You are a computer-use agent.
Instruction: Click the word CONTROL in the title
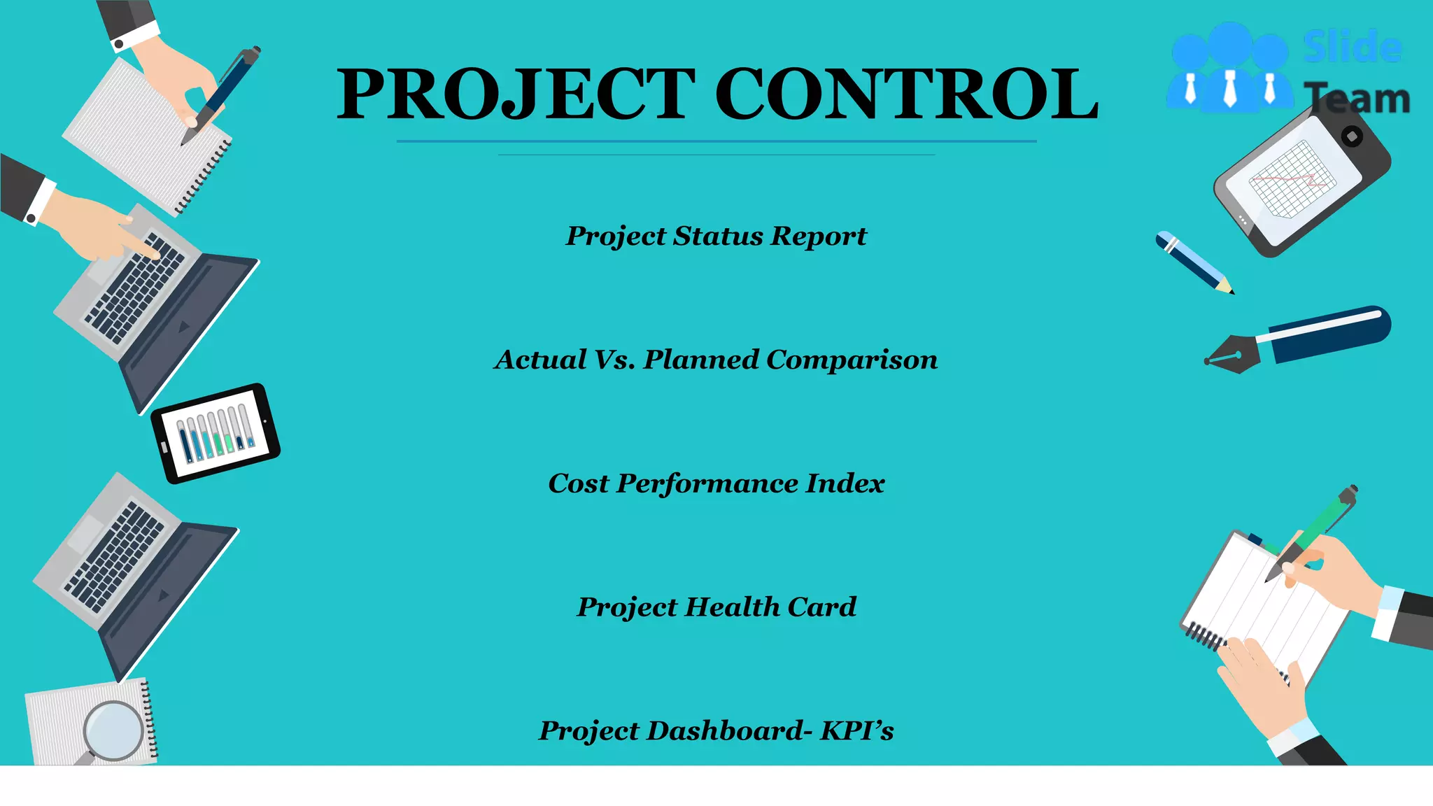[x=906, y=94]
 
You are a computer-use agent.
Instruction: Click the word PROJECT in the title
[x=516, y=94]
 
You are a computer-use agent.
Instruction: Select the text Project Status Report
[x=716, y=236]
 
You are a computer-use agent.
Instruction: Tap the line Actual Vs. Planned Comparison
[x=716, y=360]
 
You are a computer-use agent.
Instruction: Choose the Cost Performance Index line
[x=716, y=483]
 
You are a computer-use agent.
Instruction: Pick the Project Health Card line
[x=716, y=607]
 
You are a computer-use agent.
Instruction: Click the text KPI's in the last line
[x=857, y=730]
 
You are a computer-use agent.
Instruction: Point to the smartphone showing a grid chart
[x=1301, y=182]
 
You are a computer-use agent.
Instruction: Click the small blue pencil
[x=1194, y=262]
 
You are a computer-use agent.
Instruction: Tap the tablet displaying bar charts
[x=216, y=433]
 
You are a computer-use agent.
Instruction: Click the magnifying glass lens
[x=114, y=730]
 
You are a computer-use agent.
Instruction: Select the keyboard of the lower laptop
[x=115, y=556]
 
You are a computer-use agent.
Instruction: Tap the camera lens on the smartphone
[x=1353, y=136]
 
